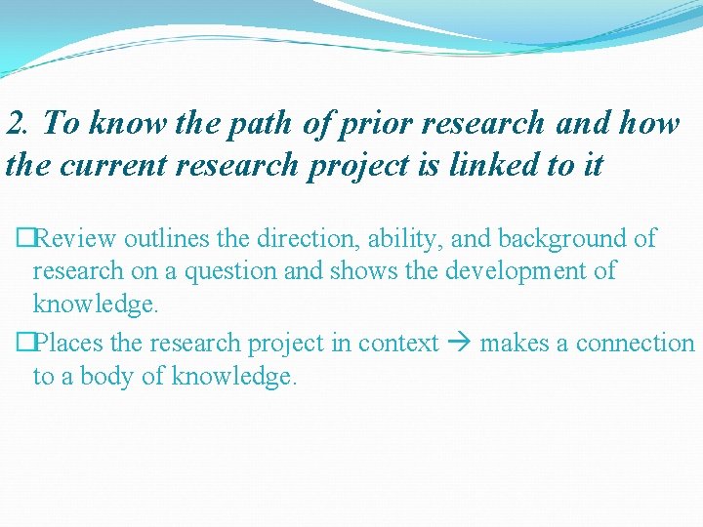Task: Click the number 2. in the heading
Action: [x=19, y=123]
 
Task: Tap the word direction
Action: [x=306, y=238]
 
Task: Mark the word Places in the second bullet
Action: [x=65, y=344]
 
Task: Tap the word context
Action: [x=398, y=344]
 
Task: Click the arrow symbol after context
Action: [x=459, y=344]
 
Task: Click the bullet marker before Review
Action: [x=23, y=238]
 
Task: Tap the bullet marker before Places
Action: [x=23, y=344]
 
